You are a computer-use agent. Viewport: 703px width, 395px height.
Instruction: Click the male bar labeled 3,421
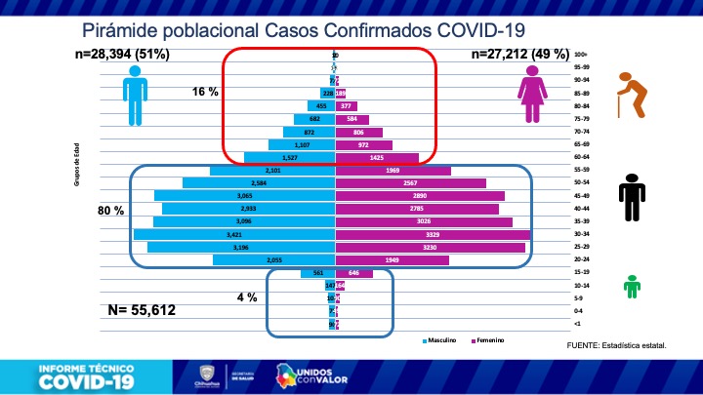click(x=234, y=234)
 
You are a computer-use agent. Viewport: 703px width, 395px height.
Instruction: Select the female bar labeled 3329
click(x=433, y=234)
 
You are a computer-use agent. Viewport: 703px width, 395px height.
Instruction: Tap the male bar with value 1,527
click(x=290, y=157)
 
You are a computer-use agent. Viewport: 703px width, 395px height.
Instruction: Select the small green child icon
click(x=634, y=287)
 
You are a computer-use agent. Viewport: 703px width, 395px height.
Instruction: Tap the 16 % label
click(x=204, y=92)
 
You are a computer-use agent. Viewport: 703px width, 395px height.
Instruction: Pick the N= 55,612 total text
click(x=158, y=312)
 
